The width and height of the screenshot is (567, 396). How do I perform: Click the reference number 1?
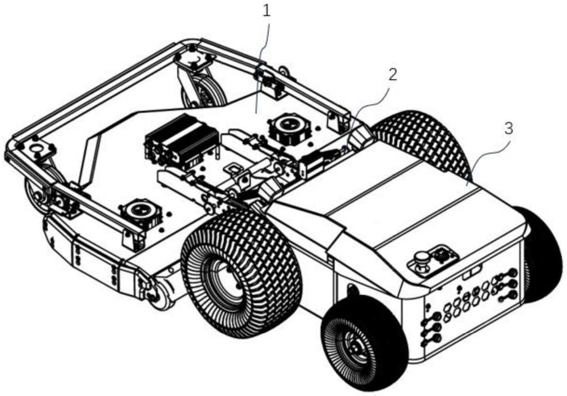[x=266, y=11]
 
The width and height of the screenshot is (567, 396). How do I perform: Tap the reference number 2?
[x=392, y=74]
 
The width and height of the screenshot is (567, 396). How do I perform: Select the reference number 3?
[x=509, y=129]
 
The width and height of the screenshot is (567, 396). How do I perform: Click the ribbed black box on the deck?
[x=181, y=139]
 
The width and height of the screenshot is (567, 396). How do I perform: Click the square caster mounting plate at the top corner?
[x=194, y=58]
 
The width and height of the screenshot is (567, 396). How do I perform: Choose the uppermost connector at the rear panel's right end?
[x=512, y=272]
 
